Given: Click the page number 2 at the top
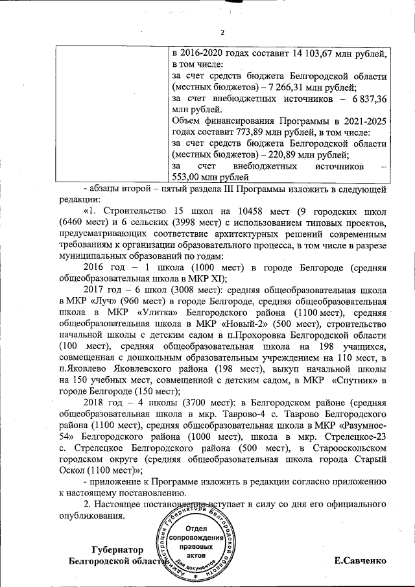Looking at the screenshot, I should coord(222,33).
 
